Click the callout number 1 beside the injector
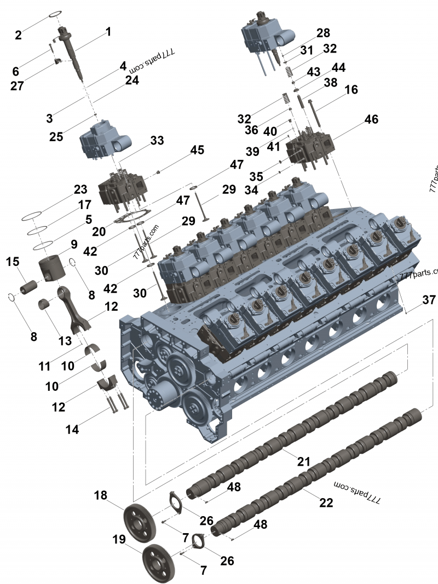[x=108, y=32]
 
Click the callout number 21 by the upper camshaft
[x=304, y=461]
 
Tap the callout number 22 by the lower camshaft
[x=326, y=502]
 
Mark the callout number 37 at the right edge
[x=429, y=300]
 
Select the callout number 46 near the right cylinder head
[x=372, y=119]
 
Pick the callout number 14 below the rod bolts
[x=72, y=430]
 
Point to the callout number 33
[x=157, y=141]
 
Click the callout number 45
[x=197, y=150]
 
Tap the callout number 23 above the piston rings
[x=80, y=190]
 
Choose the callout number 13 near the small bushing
[x=65, y=340]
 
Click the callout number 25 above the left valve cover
[x=56, y=136]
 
